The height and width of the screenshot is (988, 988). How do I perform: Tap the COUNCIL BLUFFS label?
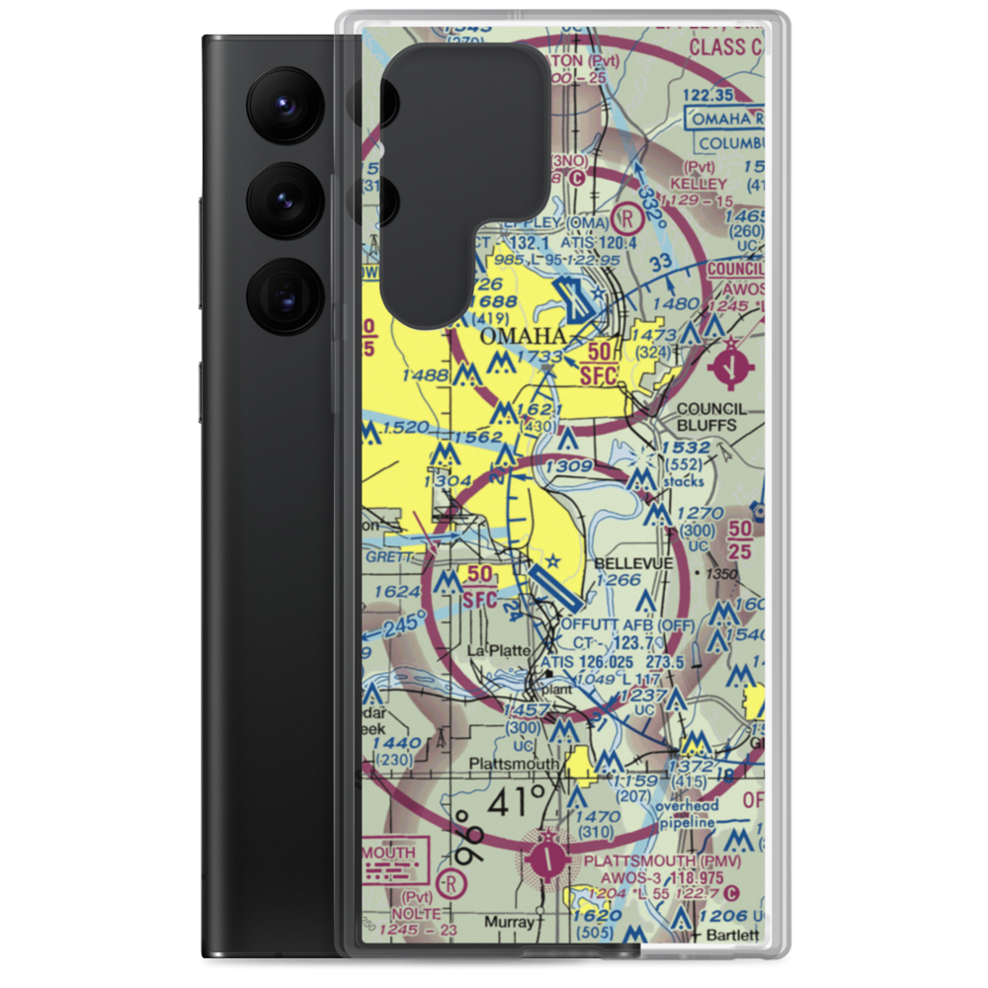pyautogui.click(x=712, y=418)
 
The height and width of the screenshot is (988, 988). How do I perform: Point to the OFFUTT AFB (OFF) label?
pyautogui.click(x=627, y=624)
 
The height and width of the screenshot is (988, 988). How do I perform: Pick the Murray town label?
pyautogui.click(x=511, y=922)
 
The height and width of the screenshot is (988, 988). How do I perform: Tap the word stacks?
pyautogui.click(x=685, y=482)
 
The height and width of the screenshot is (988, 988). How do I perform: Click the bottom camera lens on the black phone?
pyautogui.click(x=281, y=295)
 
